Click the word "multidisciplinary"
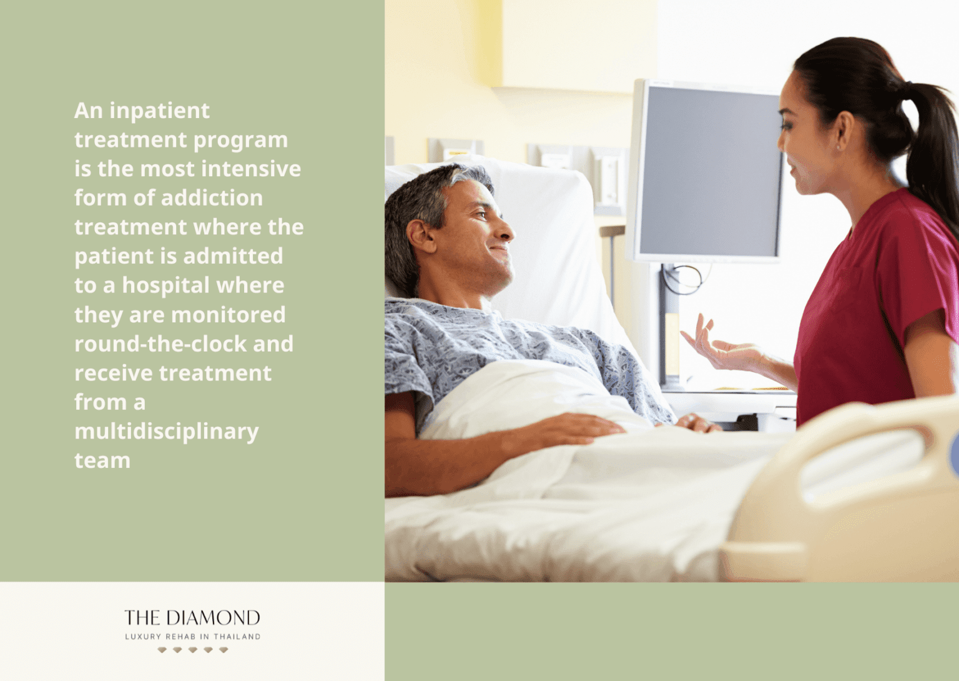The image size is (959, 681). tap(166, 432)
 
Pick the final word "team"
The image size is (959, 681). tap(102, 460)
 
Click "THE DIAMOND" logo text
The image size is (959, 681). tap(192, 618)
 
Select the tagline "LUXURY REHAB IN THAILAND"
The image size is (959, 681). tap(192, 637)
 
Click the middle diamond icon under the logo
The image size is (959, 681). tap(192, 650)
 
